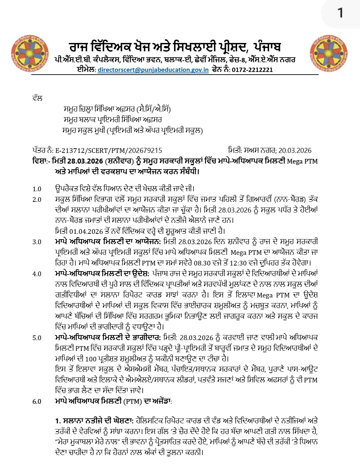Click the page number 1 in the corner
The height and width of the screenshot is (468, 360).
pyautogui.click(x=340, y=13)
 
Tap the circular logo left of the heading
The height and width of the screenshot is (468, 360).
pyautogui.click(x=29, y=53)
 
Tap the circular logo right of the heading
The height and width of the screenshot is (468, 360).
pyautogui.click(x=329, y=53)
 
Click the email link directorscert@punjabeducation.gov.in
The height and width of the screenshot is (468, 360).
pyautogui.click(x=153, y=70)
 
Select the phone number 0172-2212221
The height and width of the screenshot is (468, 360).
pyautogui.click(x=252, y=70)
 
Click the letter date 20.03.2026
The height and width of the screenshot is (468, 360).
pyautogui.click(x=295, y=151)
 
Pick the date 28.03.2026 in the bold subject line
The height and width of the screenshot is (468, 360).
pyautogui.click(x=85, y=162)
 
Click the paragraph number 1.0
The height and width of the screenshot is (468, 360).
pyautogui.click(x=37, y=189)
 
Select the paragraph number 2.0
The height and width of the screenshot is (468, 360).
pyautogui.click(x=37, y=200)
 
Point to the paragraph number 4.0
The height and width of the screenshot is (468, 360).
pyautogui.click(x=37, y=274)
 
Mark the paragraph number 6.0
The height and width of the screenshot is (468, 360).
pyautogui.click(x=37, y=402)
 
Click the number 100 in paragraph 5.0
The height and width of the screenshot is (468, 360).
pyautogui.click(x=91, y=359)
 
